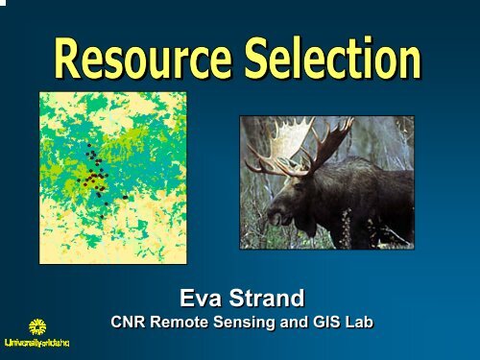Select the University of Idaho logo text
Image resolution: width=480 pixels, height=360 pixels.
coord(41,343)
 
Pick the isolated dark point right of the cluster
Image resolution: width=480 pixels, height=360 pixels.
coord(125,197)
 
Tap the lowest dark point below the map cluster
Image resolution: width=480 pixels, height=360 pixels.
coord(106,204)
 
